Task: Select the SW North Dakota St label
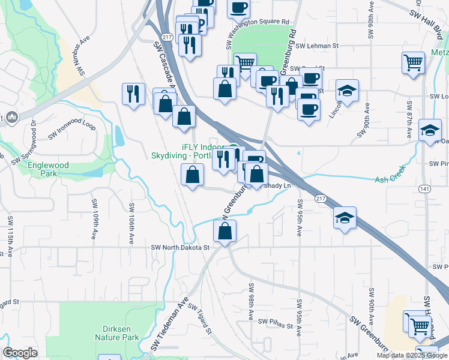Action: click(179, 247)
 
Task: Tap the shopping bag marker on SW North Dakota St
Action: click(224, 230)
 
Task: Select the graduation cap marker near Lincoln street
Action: click(347, 91)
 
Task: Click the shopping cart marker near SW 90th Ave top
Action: click(413, 62)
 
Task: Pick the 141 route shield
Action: click(425, 188)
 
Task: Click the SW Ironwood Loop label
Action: click(72, 130)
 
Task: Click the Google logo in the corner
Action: click(20, 353)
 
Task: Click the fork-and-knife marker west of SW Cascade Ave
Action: click(133, 94)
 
